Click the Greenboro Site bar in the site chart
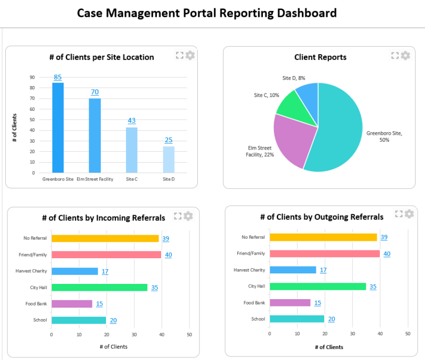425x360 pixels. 58,128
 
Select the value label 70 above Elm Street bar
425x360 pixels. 94,92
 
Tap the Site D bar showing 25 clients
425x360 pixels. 168,160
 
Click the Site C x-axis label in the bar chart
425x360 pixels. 132,179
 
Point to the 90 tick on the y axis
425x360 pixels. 32,77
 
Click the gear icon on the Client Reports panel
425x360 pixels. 406,56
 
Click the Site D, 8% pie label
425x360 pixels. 294,78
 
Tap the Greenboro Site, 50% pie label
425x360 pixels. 384,136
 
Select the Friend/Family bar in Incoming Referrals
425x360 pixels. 106,255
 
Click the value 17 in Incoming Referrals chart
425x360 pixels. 105,271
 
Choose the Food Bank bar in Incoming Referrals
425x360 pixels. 71,304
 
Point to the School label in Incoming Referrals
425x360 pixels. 40,320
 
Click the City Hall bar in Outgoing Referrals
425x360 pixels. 317,287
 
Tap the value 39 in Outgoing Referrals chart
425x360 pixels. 384,237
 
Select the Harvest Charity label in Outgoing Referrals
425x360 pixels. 249,270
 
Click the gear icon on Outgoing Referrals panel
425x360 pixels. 409,214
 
